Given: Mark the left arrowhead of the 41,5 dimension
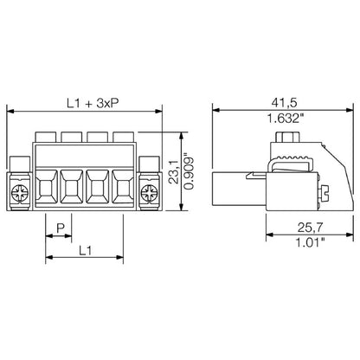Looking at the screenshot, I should coord(216,111).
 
